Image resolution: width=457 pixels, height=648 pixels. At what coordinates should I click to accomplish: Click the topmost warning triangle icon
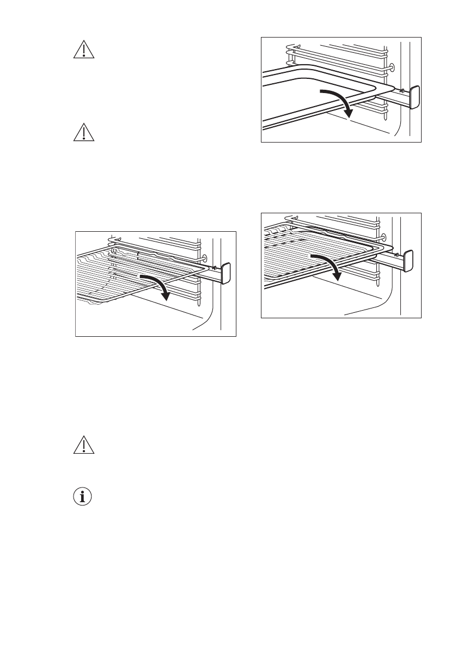tap(83, 50)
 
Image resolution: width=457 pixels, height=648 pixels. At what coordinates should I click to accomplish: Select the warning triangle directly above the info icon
tap(83, 446)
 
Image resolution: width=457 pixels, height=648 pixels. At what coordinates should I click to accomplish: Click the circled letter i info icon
tap(83, 497)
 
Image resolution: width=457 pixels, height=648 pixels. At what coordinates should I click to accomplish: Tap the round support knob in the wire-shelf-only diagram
tap(204, 258)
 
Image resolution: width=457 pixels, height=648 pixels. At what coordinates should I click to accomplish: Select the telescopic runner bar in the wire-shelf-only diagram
tap(210, 275)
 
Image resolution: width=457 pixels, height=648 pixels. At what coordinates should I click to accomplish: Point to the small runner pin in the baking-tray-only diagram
tap(401, 90)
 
